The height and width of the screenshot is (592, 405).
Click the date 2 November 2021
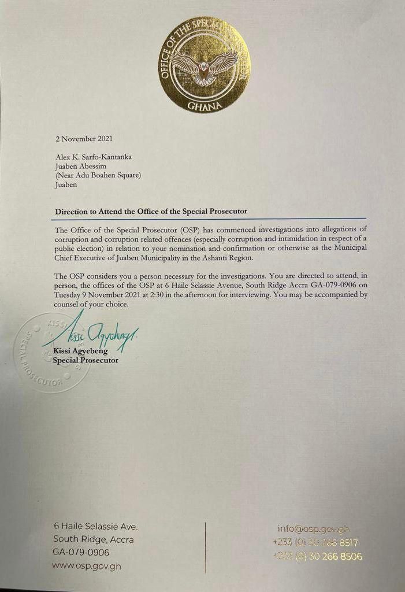83,139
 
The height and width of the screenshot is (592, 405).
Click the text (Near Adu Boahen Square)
98,176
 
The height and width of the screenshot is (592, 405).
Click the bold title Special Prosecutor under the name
86,360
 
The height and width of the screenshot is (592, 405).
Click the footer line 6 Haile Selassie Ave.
95,527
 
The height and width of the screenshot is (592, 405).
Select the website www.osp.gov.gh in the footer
86,566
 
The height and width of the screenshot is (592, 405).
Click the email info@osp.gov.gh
314,529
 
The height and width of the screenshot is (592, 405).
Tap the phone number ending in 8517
315,543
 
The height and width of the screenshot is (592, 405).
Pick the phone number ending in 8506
317,557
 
